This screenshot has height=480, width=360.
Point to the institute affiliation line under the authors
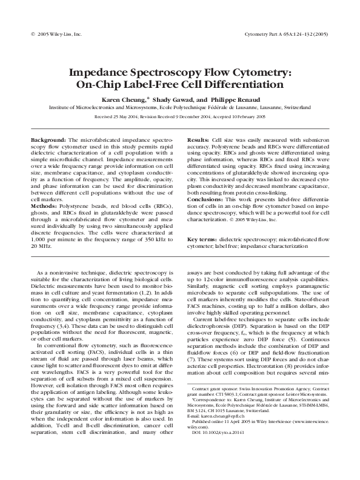pos(180,106)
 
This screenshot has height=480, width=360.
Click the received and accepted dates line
pos(180,117)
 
